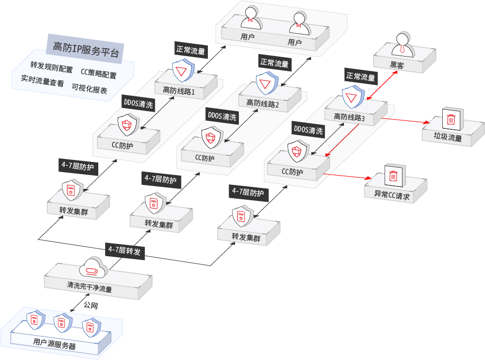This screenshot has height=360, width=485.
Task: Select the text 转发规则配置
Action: (x=51, y=65)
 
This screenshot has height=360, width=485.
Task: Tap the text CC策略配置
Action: (x=99, y=75)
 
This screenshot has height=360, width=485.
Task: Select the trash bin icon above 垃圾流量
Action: (x=451, y=119)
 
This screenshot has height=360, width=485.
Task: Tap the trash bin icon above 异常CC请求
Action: (x=394, y=175)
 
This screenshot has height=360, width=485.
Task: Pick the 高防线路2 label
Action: (x=262, y=103)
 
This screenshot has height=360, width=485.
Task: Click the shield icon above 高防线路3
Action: (x=352, y=97)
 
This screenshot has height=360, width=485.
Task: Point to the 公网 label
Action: (x=90, y=305)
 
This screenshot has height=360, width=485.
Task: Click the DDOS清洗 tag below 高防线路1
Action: (x=138, y=104)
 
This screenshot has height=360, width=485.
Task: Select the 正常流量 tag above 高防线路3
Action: (x=361, y=77)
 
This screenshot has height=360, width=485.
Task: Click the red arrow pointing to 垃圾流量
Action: (x=403, y=120)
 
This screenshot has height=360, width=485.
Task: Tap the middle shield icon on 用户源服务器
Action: (x=61, y=323)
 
